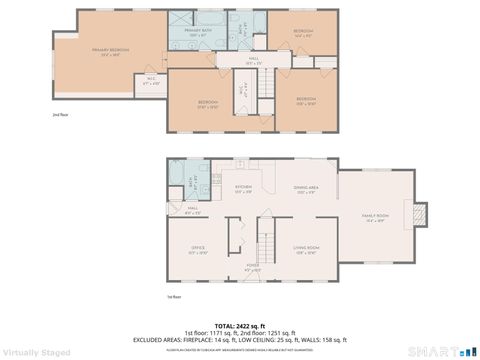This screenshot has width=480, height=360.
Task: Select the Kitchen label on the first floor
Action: [243, 188]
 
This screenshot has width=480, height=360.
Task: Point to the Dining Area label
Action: [306, 189]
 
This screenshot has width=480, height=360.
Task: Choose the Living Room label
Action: [305, 249]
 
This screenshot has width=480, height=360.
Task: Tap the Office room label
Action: [198, 250]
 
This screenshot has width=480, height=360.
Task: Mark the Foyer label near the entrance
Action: [254, 267]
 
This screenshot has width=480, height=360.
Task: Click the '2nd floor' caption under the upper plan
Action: [59, 116]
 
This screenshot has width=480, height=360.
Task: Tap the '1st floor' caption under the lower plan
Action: [173, 297]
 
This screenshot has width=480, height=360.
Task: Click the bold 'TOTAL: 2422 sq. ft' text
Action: [239, 326]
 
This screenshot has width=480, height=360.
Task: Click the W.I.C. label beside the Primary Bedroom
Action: [151, 81]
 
